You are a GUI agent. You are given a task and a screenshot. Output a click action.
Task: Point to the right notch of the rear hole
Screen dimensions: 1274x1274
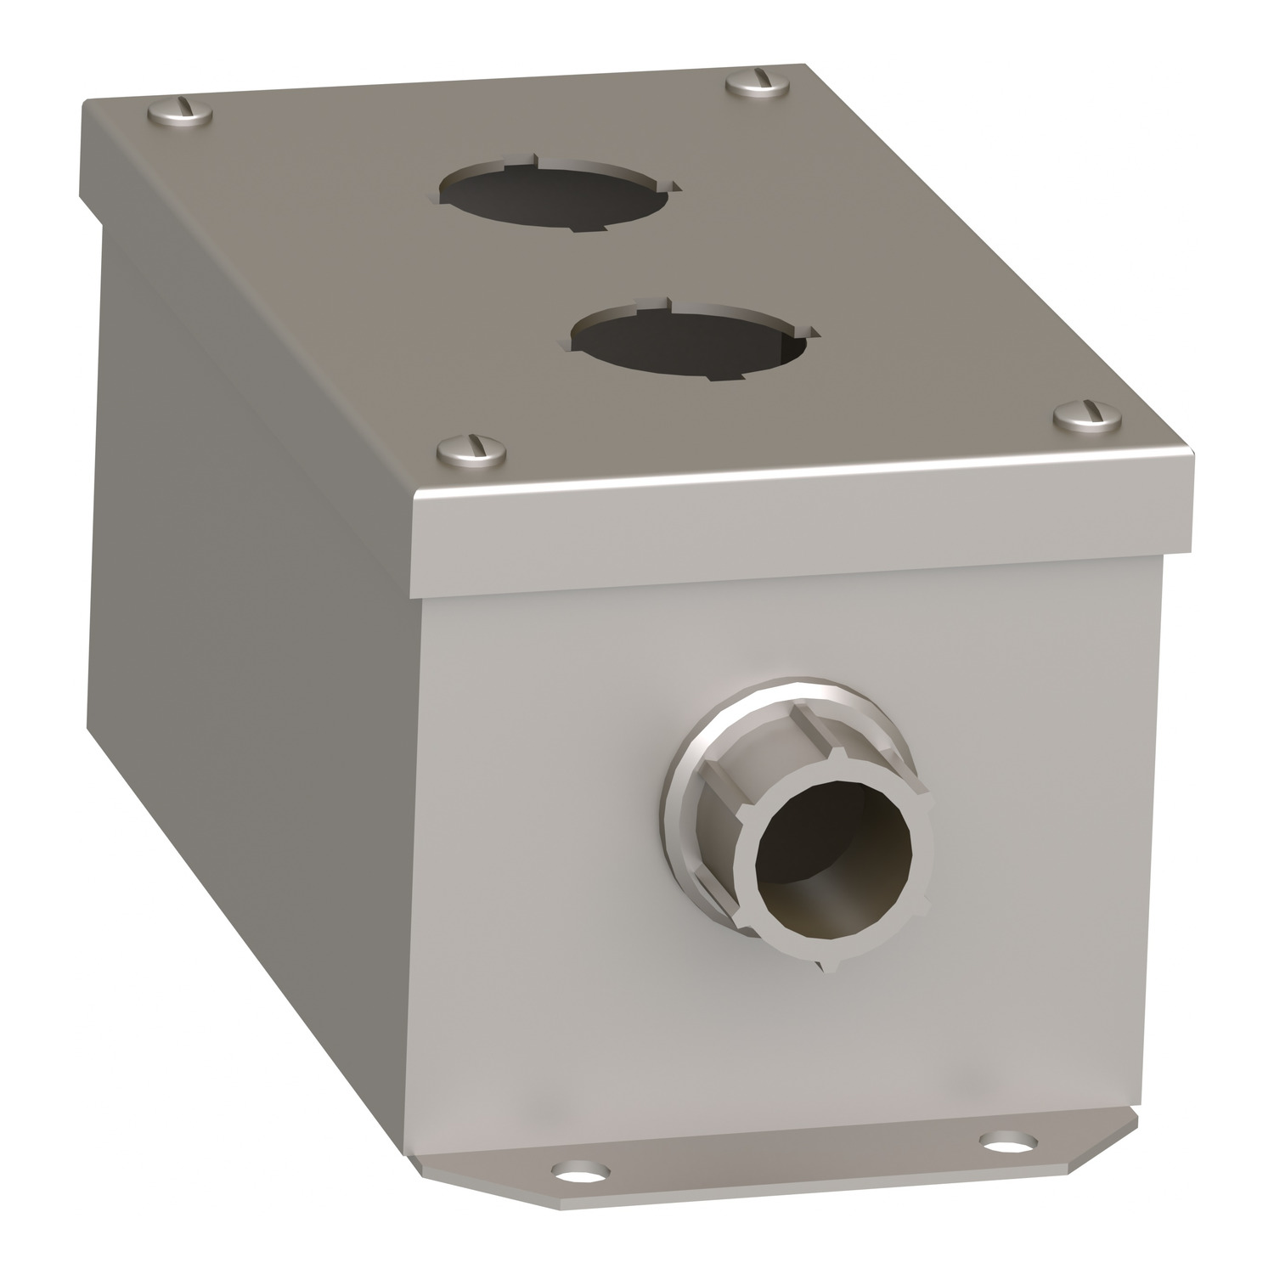pyautogui.click(x=674, y=186)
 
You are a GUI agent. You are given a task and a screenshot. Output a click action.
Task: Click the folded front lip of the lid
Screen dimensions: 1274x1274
pyautogui.click(x=798, y=535)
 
